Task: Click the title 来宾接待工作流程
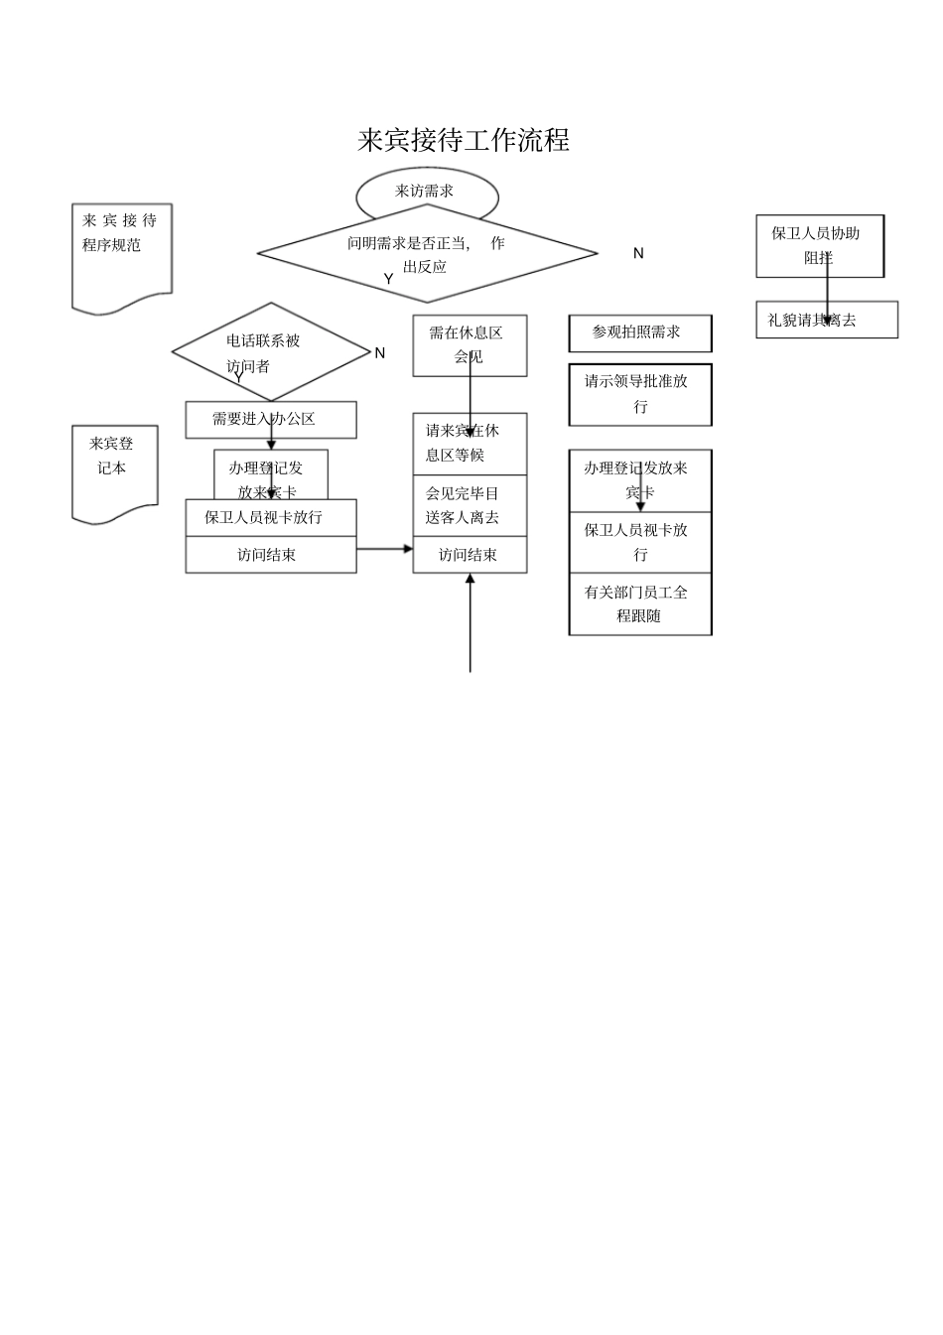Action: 464,141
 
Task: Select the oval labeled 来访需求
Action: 426,192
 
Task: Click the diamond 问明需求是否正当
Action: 427,254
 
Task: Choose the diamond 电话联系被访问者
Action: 270,352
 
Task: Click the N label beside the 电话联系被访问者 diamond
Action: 379,353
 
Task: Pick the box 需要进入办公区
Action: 270,420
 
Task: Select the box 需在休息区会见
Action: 470,345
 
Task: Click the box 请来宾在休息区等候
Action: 470,444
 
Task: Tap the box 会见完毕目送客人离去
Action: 470,505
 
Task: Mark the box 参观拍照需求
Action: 639,334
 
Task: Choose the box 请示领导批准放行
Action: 639,394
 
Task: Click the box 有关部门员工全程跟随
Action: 639,603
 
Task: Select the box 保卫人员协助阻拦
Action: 819,245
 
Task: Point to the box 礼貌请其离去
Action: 826,321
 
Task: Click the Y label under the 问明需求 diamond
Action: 389,280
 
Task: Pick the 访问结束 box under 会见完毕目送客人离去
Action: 470,555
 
